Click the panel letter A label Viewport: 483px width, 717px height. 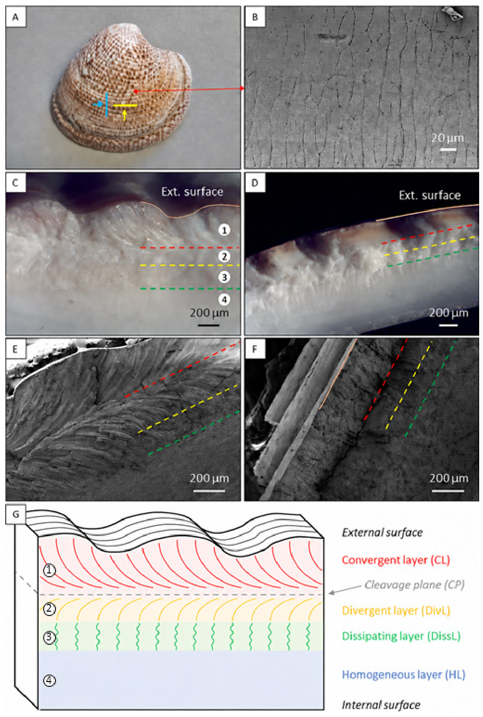pos(15,17)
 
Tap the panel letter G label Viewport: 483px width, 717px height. pos(16,514)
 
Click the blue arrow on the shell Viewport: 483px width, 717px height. pos(98,104)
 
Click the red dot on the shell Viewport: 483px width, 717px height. pos(136,91)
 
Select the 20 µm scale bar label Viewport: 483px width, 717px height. pos(448,138)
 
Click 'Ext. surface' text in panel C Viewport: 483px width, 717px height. pos(192,191)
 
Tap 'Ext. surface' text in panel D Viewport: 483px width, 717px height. pos(429,195)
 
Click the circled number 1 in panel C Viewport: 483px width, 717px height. pos(224,230)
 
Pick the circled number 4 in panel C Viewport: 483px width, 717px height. pos(224,300)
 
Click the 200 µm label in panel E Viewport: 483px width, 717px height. pos(209,478)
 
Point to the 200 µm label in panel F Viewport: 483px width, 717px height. pos(449,478)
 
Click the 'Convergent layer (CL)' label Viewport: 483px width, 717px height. pos(396,560)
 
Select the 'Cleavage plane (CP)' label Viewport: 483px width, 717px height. pos(415,585)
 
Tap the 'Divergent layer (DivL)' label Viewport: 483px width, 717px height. pos(396,610)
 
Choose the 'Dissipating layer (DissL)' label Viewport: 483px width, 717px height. pos(401,636)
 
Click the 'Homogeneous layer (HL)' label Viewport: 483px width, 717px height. pos(404,674)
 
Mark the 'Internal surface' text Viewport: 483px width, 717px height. pos(381,705)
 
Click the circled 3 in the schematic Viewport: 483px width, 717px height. pos(49,637)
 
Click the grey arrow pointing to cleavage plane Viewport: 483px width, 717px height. pos(345,590)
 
